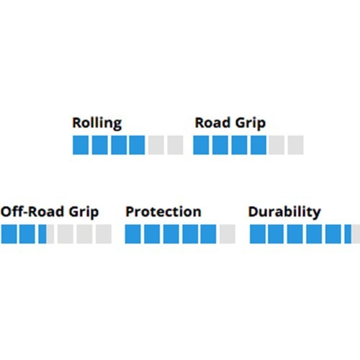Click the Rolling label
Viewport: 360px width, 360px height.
[x=97, y=123]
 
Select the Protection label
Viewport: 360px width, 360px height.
[x=163, y=212]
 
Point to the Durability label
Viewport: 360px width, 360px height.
[x=284, y=212]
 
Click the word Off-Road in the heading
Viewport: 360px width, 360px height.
[x=32, y=212]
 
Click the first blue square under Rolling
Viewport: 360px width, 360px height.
[x=81, y=145]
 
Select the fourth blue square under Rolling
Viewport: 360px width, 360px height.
[x=137, y=145]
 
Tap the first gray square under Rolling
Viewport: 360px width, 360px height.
[x=156, y=145]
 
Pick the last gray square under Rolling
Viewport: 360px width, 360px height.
[x=175, y=145]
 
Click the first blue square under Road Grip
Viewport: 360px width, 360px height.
[x=201, y=145]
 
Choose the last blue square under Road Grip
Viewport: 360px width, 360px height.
[x=258, y=145]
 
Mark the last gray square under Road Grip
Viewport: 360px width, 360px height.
[x=296, y=145]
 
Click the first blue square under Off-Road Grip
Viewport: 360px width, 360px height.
[x=9, y=234]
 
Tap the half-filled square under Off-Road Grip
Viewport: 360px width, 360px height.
[x=46, y=234]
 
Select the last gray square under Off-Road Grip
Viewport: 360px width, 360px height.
[x=104, y=234]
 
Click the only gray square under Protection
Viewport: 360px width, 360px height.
[x=228, y=234]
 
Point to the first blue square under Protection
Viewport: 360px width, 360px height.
[x=133, y=234]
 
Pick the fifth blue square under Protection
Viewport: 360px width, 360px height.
[x=208, y=234]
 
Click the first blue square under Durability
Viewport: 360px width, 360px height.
[x=258, y=234]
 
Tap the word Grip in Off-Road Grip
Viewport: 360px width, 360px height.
[x=84, y=212]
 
